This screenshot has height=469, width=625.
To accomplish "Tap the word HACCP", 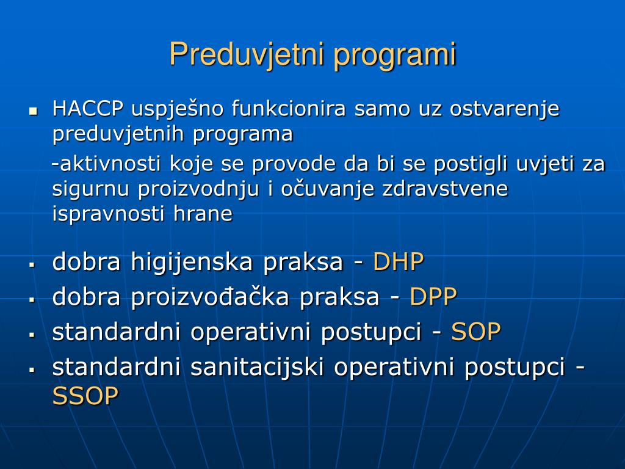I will pos(89,109).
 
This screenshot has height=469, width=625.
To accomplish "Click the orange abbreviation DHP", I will pos(398,262).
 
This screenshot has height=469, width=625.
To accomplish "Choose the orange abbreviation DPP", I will pos(433,297).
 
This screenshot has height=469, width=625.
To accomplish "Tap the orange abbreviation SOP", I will pos(476,332).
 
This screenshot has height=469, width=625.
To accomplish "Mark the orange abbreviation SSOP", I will pos(85,397).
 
